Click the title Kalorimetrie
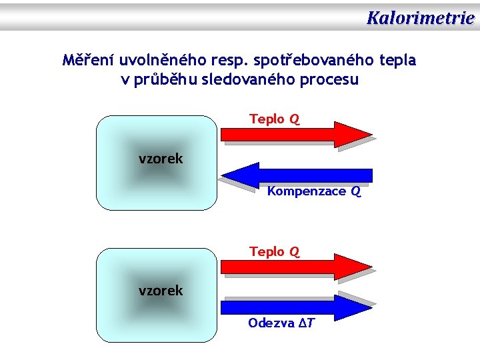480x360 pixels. (420, 17)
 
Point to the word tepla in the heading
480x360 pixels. (397, 60)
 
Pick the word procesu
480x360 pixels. (331, 80)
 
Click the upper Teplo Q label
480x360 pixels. (274, 119)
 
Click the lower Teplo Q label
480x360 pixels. (274, 251)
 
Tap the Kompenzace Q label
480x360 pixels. (313, 191)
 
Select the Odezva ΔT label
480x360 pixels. (281, 323)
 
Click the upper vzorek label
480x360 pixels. (161, 159)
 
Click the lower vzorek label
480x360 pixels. (161, 291)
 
